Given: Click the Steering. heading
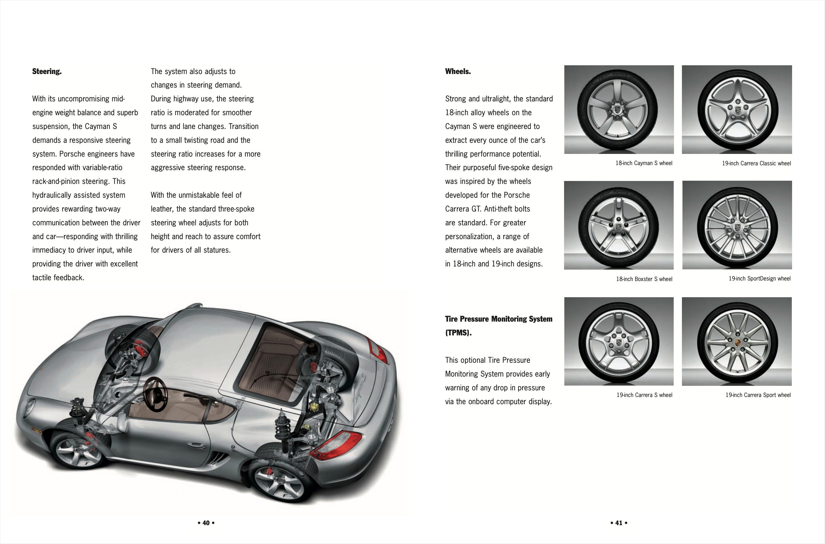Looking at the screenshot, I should (47, 71).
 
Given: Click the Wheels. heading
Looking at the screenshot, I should (458, 71).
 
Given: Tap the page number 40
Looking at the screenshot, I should (206, 523).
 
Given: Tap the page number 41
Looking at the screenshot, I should (618, 523).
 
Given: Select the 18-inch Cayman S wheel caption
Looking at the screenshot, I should (643, 163).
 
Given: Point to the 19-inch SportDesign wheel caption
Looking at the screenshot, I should (759, 279).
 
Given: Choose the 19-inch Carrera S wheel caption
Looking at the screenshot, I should (644, 395).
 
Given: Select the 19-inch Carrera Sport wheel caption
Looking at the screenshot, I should (758, 395).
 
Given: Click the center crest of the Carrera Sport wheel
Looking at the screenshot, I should (738, 342).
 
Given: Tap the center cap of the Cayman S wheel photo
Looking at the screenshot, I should (618, 110).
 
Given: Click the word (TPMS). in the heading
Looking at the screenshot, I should (458, 333).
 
